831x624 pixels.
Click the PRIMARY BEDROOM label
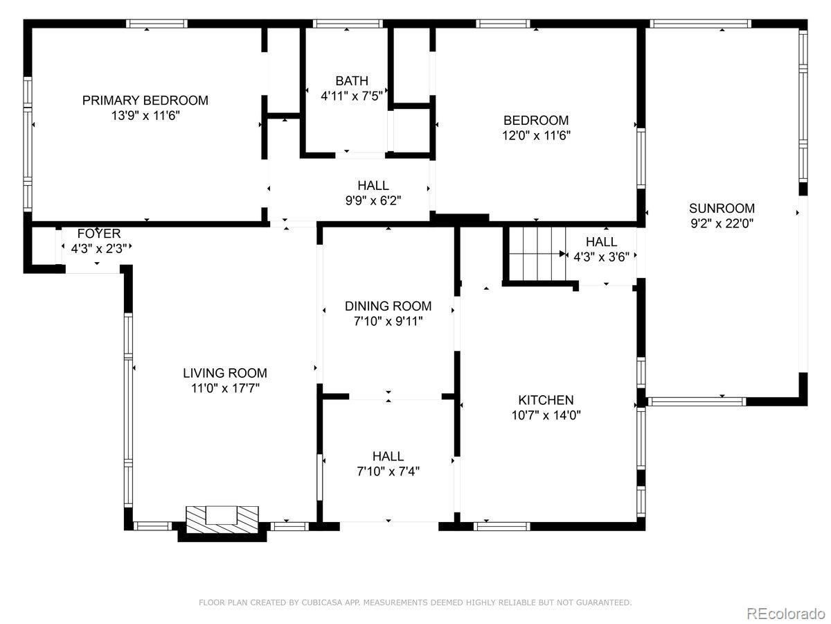(x=145, y=101)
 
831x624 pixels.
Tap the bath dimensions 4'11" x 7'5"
(x=352, y=96)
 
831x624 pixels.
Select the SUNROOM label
(x=722, y=209)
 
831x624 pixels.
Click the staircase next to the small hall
(x=537, y=253)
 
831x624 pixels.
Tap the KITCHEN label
(x=546, y=400)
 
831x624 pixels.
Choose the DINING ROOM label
(x=388, y=306)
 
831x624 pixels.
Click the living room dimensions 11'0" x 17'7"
(x=225, y=388)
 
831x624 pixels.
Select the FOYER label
(x=99, y=234)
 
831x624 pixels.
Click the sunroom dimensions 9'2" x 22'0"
(x=722, y=223)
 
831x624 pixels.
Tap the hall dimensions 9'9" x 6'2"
(x=373, y=200)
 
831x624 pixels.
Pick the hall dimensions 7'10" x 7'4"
(x=388, y=471)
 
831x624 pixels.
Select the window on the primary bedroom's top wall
(x=157, y=24)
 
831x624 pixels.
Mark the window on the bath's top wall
(x=348, y=24)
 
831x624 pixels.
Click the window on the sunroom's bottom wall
(x=697, y=401)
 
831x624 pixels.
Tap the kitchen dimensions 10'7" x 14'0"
(x=546, y=415)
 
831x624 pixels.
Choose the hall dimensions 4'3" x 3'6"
(x=601, y=257)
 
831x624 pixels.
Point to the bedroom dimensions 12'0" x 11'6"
(x=536, y=136)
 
